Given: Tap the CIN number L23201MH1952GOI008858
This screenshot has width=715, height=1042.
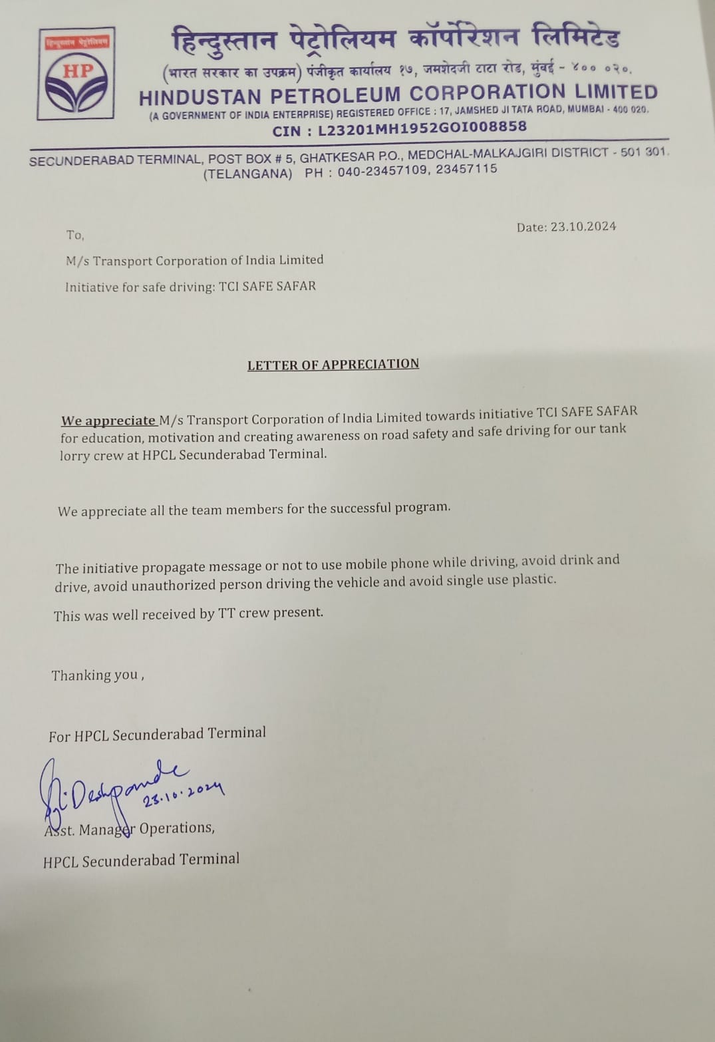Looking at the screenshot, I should click(422, 127).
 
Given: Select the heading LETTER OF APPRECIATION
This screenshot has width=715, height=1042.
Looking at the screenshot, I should click(333, 364).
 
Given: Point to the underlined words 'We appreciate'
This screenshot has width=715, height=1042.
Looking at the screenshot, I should click(108, 421).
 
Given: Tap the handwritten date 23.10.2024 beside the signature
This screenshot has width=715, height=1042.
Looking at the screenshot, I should click(184, 792).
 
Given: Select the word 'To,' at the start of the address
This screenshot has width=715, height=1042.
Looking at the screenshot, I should click(75, 235).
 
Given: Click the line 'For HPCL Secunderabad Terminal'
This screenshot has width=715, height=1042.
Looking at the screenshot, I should click(157, 734).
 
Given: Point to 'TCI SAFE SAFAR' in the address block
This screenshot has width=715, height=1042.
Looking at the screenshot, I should click(267, 286).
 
